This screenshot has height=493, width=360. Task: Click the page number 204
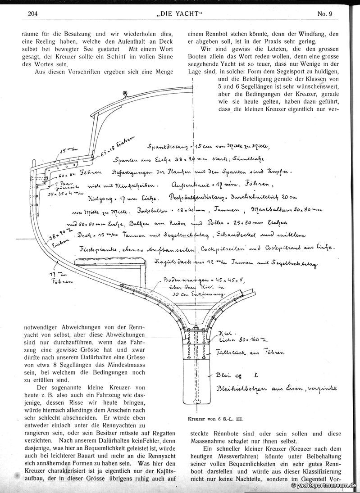click(32, 13)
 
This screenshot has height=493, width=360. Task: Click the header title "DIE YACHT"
click(179, 13)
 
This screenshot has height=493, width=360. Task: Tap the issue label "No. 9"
click(324, 13)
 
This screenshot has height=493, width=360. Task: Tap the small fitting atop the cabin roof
click(125, 93)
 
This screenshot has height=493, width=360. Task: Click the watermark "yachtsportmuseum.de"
click(324, 486)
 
